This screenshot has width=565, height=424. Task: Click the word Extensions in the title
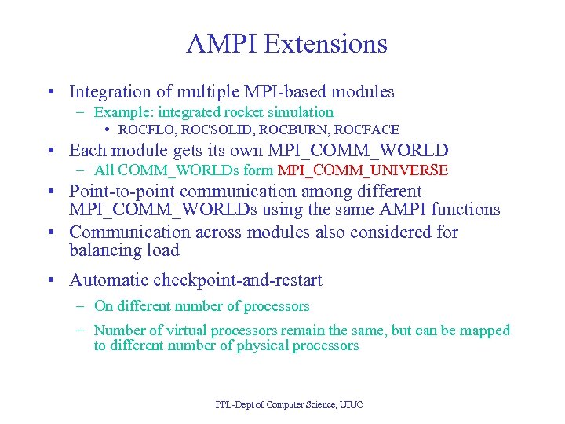(326, 44)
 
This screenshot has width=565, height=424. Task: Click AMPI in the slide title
(222, 44)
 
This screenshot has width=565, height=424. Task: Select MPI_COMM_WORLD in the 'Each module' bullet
(359, 151)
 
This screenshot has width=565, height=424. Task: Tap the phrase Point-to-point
(122, 192)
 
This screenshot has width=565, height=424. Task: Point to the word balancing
(102, 251)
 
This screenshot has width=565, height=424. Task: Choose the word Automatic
(108, 280)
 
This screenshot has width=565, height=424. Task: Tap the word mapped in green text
(486, 331)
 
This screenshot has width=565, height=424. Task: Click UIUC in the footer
(349, 404)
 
